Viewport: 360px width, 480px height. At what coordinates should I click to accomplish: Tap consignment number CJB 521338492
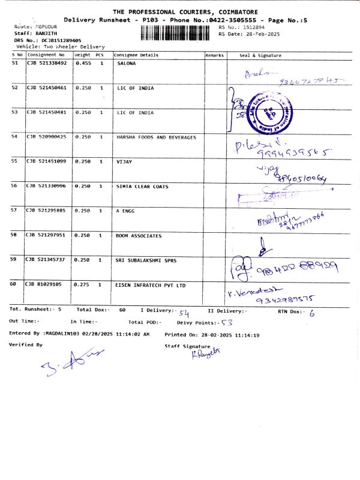click(47, 63)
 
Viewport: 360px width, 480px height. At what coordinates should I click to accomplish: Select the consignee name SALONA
click(127, 63)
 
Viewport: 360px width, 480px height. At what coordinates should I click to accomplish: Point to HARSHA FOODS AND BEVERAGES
click(156, 137)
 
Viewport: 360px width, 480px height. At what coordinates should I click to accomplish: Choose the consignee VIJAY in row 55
click(124, 161)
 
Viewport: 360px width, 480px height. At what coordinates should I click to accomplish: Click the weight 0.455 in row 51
click(83, 63)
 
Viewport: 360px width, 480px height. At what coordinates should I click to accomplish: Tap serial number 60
click(15, 285)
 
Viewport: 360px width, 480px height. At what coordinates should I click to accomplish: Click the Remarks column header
click(215, 55)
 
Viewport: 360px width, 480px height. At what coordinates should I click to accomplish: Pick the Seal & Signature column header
click(260, 55)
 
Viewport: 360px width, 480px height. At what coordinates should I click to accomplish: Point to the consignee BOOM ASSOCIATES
click(139, 236)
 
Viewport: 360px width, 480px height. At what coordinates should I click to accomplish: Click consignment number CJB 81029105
click(44, 285)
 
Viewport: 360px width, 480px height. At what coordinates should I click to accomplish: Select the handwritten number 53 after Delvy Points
click(226, 323)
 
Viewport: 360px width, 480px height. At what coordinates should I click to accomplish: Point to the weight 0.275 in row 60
click(83, 285)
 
